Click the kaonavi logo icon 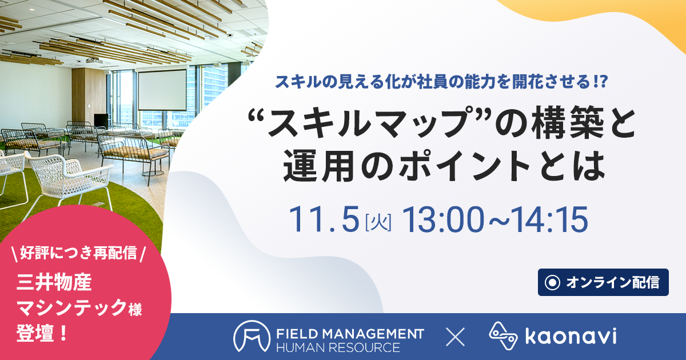[x=503, y=336]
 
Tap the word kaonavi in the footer [x=571, y=336]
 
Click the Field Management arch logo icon [x=252, y=336]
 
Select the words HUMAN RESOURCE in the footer [x=338, y=348]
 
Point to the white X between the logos [x=456, y=337]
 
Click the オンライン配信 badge [x=603, y=282]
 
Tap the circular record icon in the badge [x=552, y=282]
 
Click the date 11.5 [x=324, y=219]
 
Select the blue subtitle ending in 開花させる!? [x=441, y=82]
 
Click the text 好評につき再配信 [x=78, y=253]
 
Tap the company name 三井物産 [x=54, y=282]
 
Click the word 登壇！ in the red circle [x=42, y=333]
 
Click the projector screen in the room [x=162, y=90]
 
